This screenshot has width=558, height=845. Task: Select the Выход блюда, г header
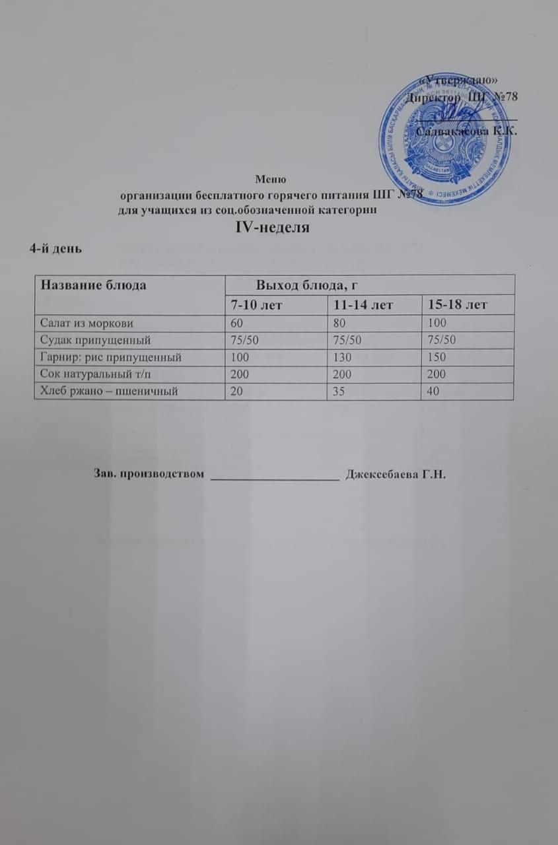click(312, 285)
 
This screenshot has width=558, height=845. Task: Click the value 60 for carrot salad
click(237, 323)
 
